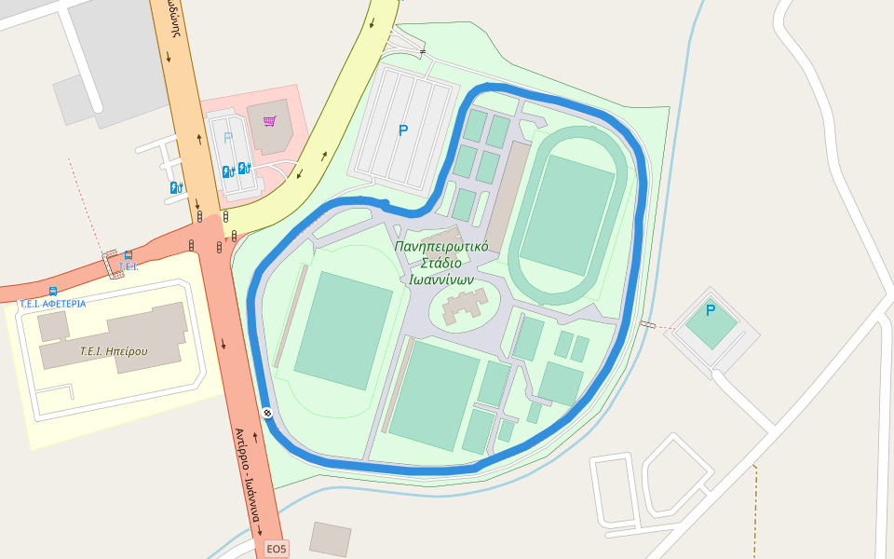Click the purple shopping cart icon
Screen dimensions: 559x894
click(x=269, y=120)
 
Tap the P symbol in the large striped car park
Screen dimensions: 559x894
click(x=403, y=131)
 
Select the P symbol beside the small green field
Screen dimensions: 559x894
click(x=711, y=310)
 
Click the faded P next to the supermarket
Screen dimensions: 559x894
click(x=228, y=139)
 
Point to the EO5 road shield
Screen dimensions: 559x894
click(x=277, y=549)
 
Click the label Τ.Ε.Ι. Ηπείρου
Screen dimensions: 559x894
click(x=114, y=351)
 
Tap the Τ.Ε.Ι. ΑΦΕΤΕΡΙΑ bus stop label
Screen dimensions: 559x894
click(x=53, y=304)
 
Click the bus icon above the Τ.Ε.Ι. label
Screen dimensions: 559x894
click(x=128, y=254)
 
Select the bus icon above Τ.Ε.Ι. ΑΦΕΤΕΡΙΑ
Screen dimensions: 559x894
click(x=53, y=291)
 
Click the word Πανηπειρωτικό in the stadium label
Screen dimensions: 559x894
click(x=441, y=247)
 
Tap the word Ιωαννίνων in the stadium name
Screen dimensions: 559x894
click(x=441, y=279)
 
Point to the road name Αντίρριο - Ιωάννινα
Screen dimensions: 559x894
click(x=248, y=474)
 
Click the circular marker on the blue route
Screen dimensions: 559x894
click(x=267, y=413)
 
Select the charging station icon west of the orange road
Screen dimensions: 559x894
click(x=175, y=187)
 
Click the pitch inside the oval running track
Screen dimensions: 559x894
click(x=566, y=215)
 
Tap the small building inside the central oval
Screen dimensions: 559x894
click(x=465, y=307)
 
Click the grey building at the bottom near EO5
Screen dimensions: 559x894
click(x=331, y=539)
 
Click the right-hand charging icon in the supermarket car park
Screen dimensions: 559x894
click(x=245, y=169)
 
